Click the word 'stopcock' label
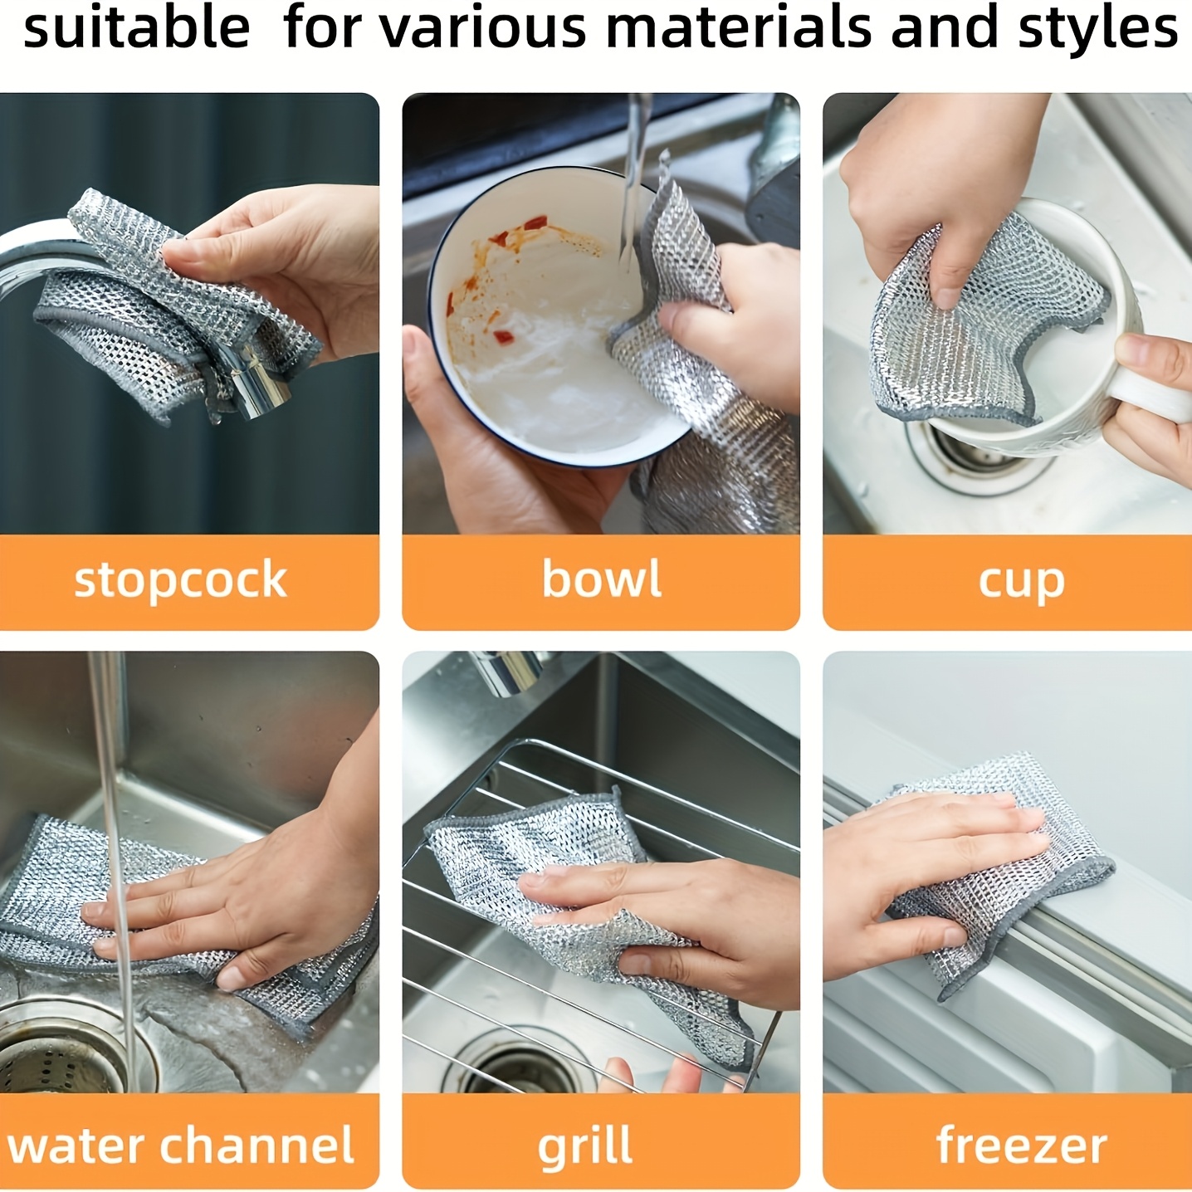180,579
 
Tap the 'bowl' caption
602,579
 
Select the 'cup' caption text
1021,581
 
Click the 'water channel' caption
181,1146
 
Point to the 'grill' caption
585,1147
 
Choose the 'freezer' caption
1021,1146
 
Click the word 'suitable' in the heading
137,27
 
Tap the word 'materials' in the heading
739,27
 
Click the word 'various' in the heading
490,27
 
